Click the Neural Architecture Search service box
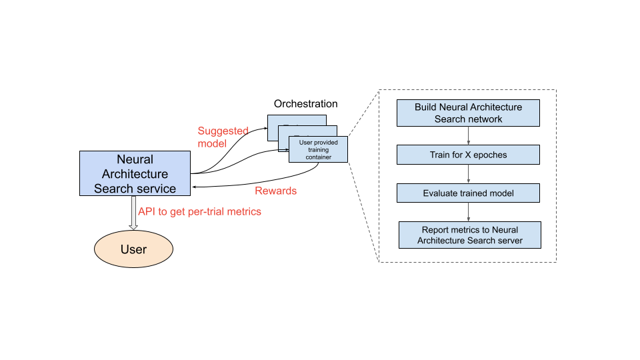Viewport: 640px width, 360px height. coord(135,173)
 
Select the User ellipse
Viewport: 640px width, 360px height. coord(133,249)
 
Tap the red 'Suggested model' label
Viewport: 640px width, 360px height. coord(223,137)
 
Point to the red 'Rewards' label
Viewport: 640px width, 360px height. coord(275,191)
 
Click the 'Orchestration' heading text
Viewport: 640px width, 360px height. coord(305,104)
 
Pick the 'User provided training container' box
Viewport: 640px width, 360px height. coord(318,150)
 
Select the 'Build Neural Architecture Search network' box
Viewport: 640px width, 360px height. coord(468,113)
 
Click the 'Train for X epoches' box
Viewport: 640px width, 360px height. coord(468,155)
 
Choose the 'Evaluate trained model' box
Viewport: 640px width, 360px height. coord(468,193)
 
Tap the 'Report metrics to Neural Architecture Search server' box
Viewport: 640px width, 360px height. coord(469,235)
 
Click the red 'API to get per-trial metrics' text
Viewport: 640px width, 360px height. coord(199,211)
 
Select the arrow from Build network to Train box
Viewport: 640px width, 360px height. coord(469,136)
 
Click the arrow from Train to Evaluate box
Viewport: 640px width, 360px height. coord(469,174)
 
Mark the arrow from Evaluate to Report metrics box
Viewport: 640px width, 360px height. coord(469,212)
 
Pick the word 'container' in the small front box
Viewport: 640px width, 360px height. coord(318,157)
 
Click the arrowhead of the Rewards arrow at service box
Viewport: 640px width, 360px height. coord(194,188)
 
